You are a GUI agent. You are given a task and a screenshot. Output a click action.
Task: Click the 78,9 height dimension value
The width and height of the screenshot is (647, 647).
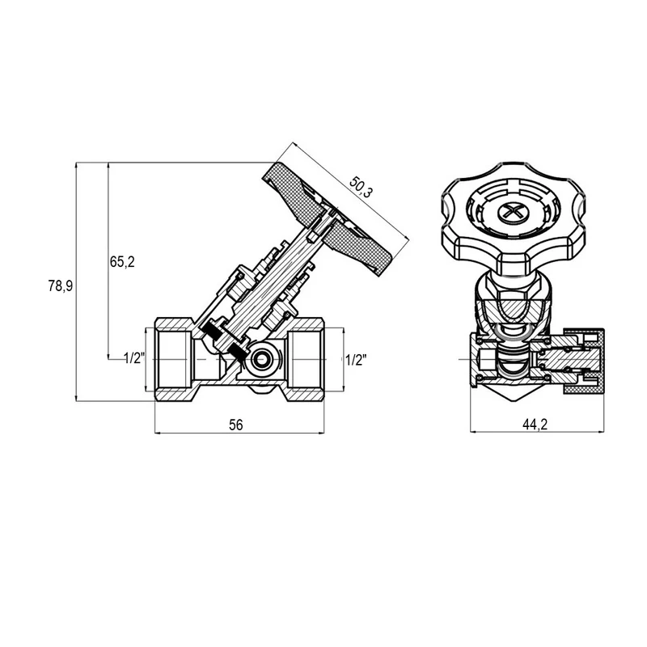click(x=60, y=285)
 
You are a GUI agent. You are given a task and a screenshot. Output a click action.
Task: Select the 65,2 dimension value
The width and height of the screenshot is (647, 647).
click(x=122, y=261)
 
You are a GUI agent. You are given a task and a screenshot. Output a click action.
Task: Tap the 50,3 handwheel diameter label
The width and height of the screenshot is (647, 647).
click(x=361, y=187)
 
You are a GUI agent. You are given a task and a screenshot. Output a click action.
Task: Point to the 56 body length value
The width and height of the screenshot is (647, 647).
click(x=236, y=424)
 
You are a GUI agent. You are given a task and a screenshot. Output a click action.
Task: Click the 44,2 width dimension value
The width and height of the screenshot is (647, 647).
click(x=535, y=424)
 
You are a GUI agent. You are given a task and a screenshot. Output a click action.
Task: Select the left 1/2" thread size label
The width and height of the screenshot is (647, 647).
click(x=134, y=358)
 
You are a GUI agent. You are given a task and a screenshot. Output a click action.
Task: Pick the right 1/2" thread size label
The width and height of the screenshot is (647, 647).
click(x=356, y=360)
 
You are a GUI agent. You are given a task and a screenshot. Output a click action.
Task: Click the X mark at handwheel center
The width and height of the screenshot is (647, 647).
click(x=514, y=213)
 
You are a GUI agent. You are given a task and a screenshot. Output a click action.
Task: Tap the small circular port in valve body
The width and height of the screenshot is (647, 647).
click(x=260, y=360)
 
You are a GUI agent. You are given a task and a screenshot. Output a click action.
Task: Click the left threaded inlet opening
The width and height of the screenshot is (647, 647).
click(x=174, y=359)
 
